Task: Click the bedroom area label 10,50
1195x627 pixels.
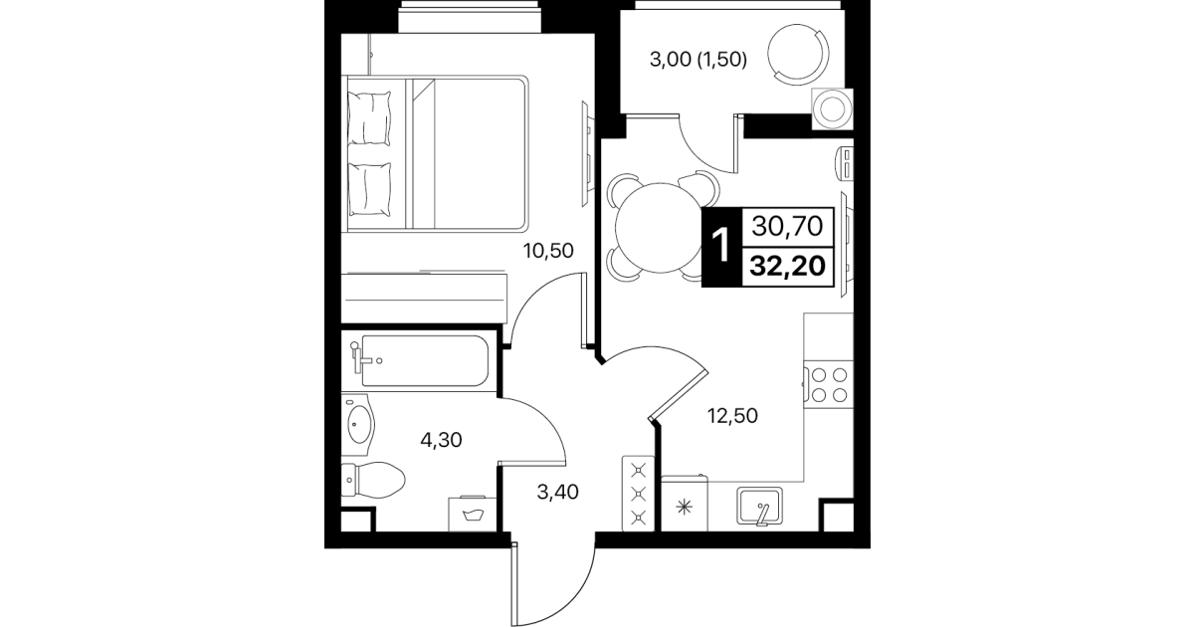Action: (x=548, y=250)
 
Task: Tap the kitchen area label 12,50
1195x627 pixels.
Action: (x=732, y=415)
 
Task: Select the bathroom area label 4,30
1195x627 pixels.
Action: (x=441, y=440)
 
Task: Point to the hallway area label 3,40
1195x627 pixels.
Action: (x=557, y=492)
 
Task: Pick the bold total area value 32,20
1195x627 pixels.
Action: (x=787, y=267)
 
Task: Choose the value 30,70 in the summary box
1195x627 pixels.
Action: (x=787, y=227)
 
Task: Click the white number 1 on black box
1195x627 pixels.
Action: (x=721, y=247)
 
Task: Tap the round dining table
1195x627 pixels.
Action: (x=661, y=228)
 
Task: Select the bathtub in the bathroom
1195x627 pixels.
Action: (x=425, y=360)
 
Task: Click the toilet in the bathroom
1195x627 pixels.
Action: (x=373, y=480)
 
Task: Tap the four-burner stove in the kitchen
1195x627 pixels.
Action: (x=829, y=385)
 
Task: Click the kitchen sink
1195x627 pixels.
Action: (x=760, y=506)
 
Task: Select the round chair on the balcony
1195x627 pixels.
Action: (x=798, y=54)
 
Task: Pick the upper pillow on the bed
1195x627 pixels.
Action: (x=368, y=117)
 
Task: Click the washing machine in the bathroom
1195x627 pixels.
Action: (x=473, y=514)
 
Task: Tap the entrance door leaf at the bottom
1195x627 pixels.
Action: (x=514, y=584)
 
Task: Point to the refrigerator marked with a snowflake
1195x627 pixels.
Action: (x=685, y=505)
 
